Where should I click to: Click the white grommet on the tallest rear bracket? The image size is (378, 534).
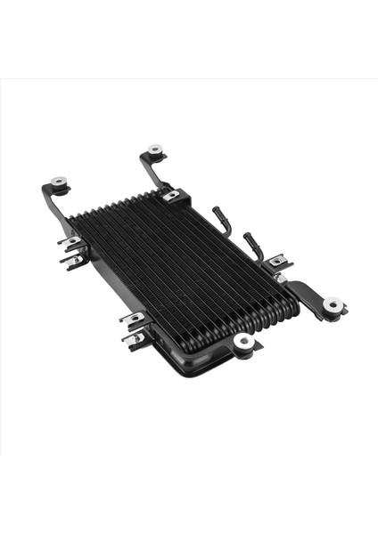[156, 150]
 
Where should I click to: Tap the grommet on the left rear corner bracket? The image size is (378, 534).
[59, 182]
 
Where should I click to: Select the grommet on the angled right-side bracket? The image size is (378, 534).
[333, 305]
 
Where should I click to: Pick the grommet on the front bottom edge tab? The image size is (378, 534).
[243, 340]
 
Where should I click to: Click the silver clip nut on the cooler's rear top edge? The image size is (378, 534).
[170, 195]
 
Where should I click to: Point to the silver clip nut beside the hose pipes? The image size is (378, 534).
[277, 260]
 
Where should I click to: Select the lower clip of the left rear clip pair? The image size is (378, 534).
[73, 259]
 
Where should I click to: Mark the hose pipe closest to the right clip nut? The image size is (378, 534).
[253, 244]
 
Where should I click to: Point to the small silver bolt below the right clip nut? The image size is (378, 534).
[282, 278]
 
